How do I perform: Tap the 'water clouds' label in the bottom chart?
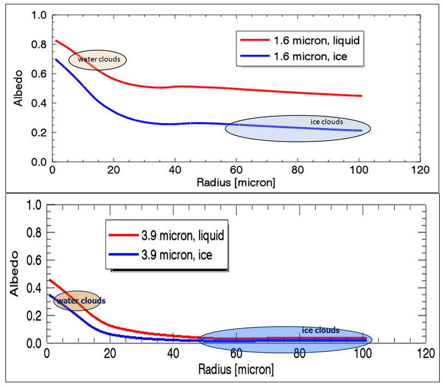click(x=81, y=300)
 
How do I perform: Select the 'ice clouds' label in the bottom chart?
click(x=321, y=330)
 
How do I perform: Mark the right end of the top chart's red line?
click(x=361, y=96)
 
